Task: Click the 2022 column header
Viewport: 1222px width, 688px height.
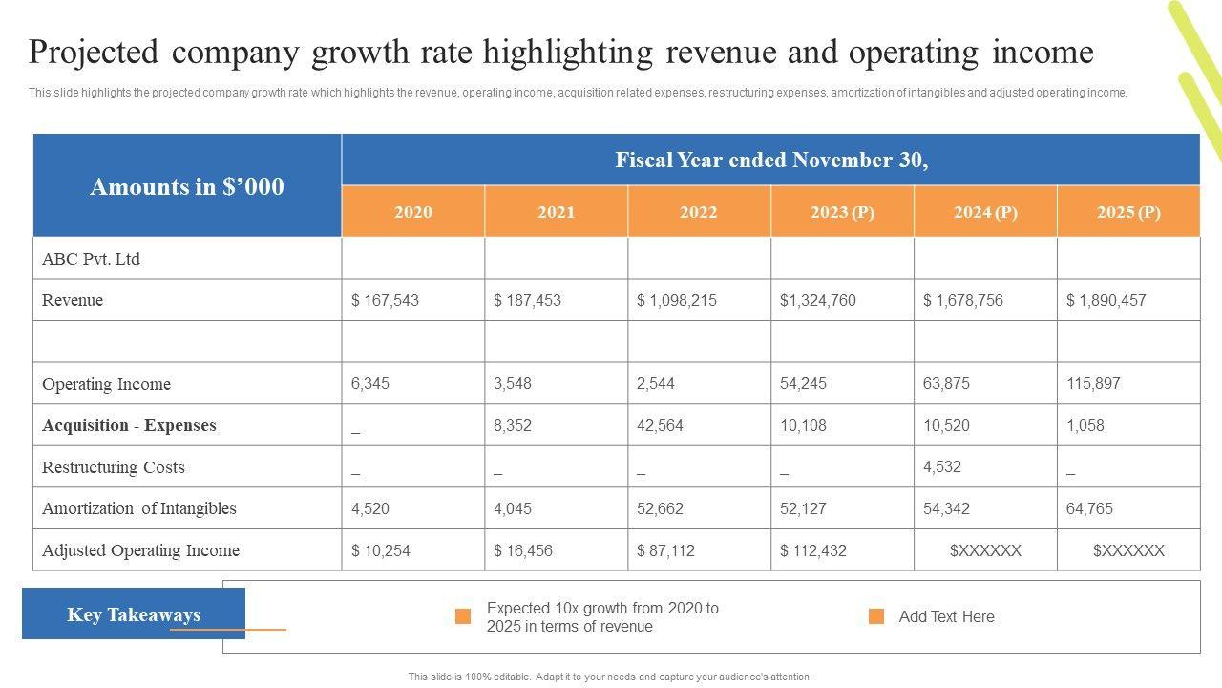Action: coord(699,212)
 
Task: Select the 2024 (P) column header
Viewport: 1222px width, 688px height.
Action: coord(985,212)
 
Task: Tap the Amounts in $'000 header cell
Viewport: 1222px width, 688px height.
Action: coord(187,186)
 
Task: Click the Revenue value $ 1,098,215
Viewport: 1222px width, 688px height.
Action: coord(677,300)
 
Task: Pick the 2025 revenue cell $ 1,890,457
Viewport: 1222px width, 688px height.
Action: coord(1106,300)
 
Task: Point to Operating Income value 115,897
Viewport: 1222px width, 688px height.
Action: coord(1093,383)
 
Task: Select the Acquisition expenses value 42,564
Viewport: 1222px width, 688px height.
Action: coord(660,425)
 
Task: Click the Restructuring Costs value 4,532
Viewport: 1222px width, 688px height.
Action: coord(942,466)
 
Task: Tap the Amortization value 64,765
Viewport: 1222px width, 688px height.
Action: coord(1089,508)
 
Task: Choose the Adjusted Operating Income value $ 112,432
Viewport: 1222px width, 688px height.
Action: coord(813,550)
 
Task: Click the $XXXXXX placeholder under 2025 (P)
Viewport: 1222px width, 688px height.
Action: coord(1128,550)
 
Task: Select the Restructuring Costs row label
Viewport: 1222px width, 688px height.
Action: coord(114,467)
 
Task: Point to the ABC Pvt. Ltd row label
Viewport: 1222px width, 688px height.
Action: coord(92,259)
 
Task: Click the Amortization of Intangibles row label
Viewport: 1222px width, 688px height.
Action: coord(139,508)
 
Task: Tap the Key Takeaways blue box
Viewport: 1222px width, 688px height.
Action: coord(134,613)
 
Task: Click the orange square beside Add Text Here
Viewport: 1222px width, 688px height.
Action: coord(876,616)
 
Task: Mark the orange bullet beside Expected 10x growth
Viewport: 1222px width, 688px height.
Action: coord(463,616)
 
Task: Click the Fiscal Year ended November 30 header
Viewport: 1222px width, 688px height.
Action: coord(771,160)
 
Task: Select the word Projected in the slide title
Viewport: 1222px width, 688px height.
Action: coord(93,52)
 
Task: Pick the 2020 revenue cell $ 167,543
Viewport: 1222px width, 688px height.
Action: coord(385,300)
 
